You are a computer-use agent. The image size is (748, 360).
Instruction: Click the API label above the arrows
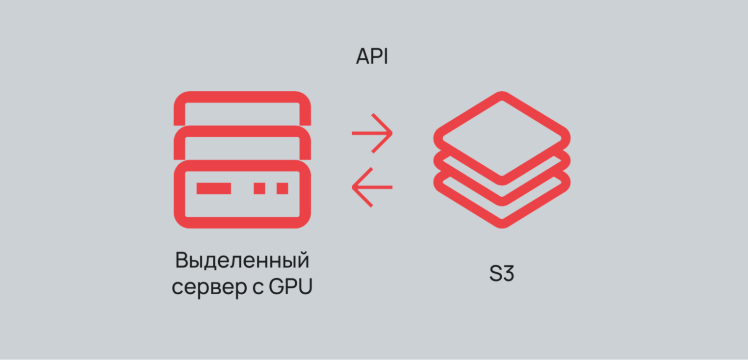pyautogui.click(x=372, y=57)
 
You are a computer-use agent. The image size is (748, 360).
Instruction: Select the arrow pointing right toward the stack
pyautogui.click(x=372, y=133)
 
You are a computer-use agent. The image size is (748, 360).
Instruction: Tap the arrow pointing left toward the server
pyautogui.click(x=372, y=187)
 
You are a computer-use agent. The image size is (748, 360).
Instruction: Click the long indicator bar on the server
pyautogui.click(x=213, y=188)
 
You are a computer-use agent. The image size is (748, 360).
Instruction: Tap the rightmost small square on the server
pyautogui.click(x=282, y=188)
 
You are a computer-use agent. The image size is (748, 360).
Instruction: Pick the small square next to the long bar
pyautogui.click(x=259, y=188)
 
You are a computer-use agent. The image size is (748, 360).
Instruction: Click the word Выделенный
pyautogui.click(x=242, y=261)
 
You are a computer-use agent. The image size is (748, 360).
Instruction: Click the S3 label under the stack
pyautogui.click(x=501, y=274)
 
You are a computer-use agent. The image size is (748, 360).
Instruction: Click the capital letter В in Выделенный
pyautogui.click(x=181, y=261)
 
